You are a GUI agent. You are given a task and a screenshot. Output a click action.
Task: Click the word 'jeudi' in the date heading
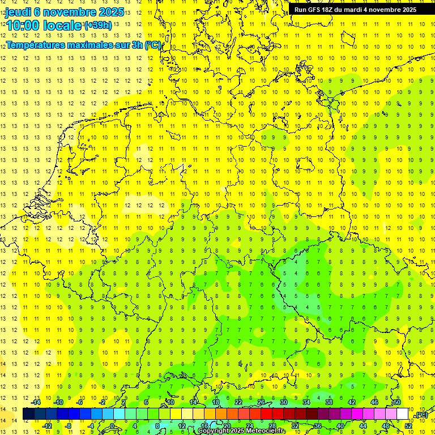point(19,11)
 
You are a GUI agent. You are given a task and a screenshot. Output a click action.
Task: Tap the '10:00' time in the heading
point(22,25)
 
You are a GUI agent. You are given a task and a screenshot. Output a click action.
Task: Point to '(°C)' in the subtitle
point(153,45)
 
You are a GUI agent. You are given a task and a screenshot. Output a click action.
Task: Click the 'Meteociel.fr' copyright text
point(266,431)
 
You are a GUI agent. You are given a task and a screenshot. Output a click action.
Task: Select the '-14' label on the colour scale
point(37,402)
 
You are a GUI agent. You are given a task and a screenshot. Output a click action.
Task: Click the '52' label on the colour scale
point(408,426)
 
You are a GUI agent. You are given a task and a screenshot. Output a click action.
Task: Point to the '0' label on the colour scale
point(113,426)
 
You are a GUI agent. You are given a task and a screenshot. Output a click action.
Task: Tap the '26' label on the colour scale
point(261,402)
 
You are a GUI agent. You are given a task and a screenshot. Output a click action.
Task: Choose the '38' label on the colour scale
point(329,402)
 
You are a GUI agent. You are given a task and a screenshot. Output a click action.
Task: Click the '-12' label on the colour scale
point(48,426)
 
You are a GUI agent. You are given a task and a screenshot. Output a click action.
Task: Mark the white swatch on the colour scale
point(402,414)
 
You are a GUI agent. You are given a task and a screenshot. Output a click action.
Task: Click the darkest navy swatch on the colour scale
point(28,414)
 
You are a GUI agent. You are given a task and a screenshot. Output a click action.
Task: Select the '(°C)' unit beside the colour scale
point(421,415)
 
